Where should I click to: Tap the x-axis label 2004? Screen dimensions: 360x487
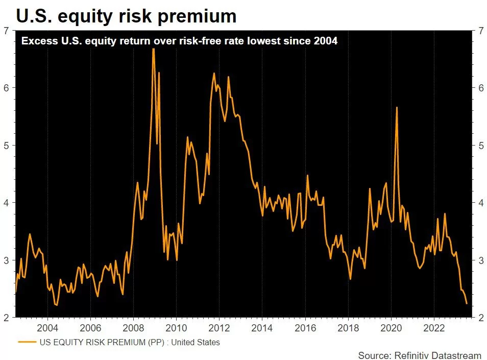(x=47, y=327)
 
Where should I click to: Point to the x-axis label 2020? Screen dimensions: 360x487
(x=391, y=327)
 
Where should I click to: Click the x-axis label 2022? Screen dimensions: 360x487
(x=433, y=327)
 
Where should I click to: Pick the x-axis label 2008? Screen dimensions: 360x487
(x=133, y=327)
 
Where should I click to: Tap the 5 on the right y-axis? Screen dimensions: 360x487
(x=481, y=146)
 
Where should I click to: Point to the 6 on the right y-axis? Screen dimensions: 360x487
(x=481, y=88)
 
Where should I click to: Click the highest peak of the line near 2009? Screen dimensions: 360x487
(x=153, y=49)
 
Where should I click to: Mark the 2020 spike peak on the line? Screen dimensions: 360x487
(x=397, y=107)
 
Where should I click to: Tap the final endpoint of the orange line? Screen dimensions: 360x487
(x=467, y=304)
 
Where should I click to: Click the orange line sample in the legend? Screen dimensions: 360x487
(x=27, y=342)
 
